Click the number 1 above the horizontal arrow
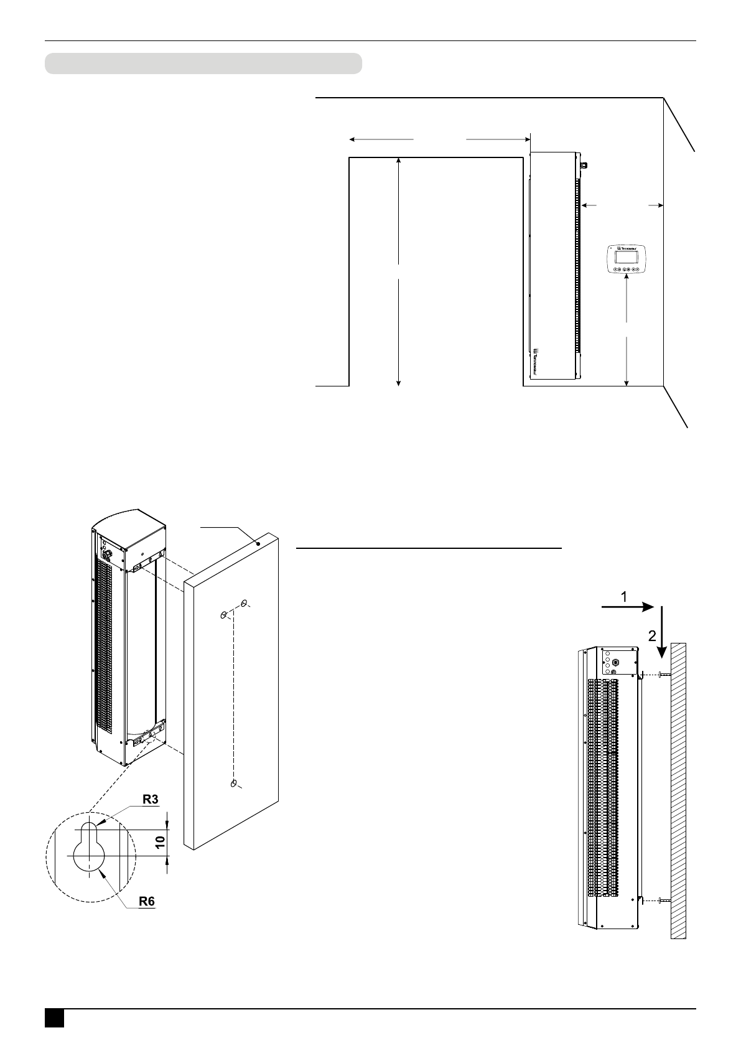tap(624, 597)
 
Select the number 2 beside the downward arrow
tap(652, 636)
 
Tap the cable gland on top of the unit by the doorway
tap(584, 165)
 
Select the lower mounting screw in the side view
tap(661, 901)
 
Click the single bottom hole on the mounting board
tap(234, 783)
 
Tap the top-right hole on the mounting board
tap(244, 602)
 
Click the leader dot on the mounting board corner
tap(259, 543)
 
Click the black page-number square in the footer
tap(54, 1018)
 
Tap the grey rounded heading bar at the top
tap(203, 63)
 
